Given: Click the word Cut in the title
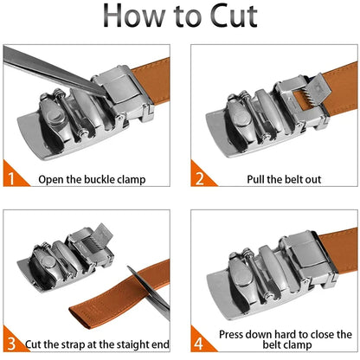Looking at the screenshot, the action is [x=234, y=16].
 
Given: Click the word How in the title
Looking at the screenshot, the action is [x=134, y=16].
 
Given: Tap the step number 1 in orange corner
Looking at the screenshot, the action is [x=10, y=178].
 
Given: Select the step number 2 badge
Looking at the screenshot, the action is [x=200, y=178].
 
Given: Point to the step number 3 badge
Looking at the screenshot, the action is [x=11, y=344].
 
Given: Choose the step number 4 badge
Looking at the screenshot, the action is [x=199, y=344].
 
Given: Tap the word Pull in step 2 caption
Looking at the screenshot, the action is [x=255, y=179].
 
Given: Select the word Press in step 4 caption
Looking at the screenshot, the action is [x=232, y=335].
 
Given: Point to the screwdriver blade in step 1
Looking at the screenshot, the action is [x=55, y=72].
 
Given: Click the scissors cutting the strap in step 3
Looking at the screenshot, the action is [x=149, y=292].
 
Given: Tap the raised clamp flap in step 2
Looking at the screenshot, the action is [x=319, y=86].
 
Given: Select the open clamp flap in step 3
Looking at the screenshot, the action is [x=103, y=235].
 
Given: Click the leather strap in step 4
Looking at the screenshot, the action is [x=340, y=247].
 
